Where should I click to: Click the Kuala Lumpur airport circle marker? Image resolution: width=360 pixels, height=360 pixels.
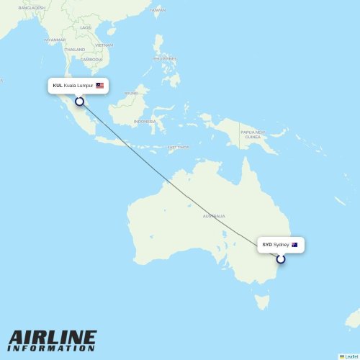pos(79,102)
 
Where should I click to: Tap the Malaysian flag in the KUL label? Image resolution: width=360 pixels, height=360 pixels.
pos(100,86)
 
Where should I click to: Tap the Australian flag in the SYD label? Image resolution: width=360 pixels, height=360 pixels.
pos(294,245)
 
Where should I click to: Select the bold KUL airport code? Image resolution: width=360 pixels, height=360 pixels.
pos(58,86)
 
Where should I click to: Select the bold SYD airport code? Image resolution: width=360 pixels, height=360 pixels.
pos(267,245)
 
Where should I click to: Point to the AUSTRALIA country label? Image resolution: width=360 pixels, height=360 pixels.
pos(214,216)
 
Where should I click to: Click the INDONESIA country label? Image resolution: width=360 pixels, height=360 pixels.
pos(145,122)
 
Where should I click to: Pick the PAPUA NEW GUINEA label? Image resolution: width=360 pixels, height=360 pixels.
pos(252,135)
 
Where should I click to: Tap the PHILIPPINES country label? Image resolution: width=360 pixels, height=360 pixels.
pos(164,58)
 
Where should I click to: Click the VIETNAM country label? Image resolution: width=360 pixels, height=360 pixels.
pos(104,45)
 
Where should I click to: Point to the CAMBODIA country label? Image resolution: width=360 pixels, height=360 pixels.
pos(91,59)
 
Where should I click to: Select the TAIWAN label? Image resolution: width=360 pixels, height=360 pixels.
pos(157,10)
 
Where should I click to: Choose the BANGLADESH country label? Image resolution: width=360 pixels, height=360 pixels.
pos(32,7)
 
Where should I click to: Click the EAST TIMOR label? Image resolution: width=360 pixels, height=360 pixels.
pos(178,148)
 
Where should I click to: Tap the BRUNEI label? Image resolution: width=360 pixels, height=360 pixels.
pos(131,93)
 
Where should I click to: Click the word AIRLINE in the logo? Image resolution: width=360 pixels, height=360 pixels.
pos(53,338)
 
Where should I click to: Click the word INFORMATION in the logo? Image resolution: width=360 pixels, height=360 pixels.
pos(53,349)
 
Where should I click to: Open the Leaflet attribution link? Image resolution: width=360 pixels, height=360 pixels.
pos(349,356)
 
